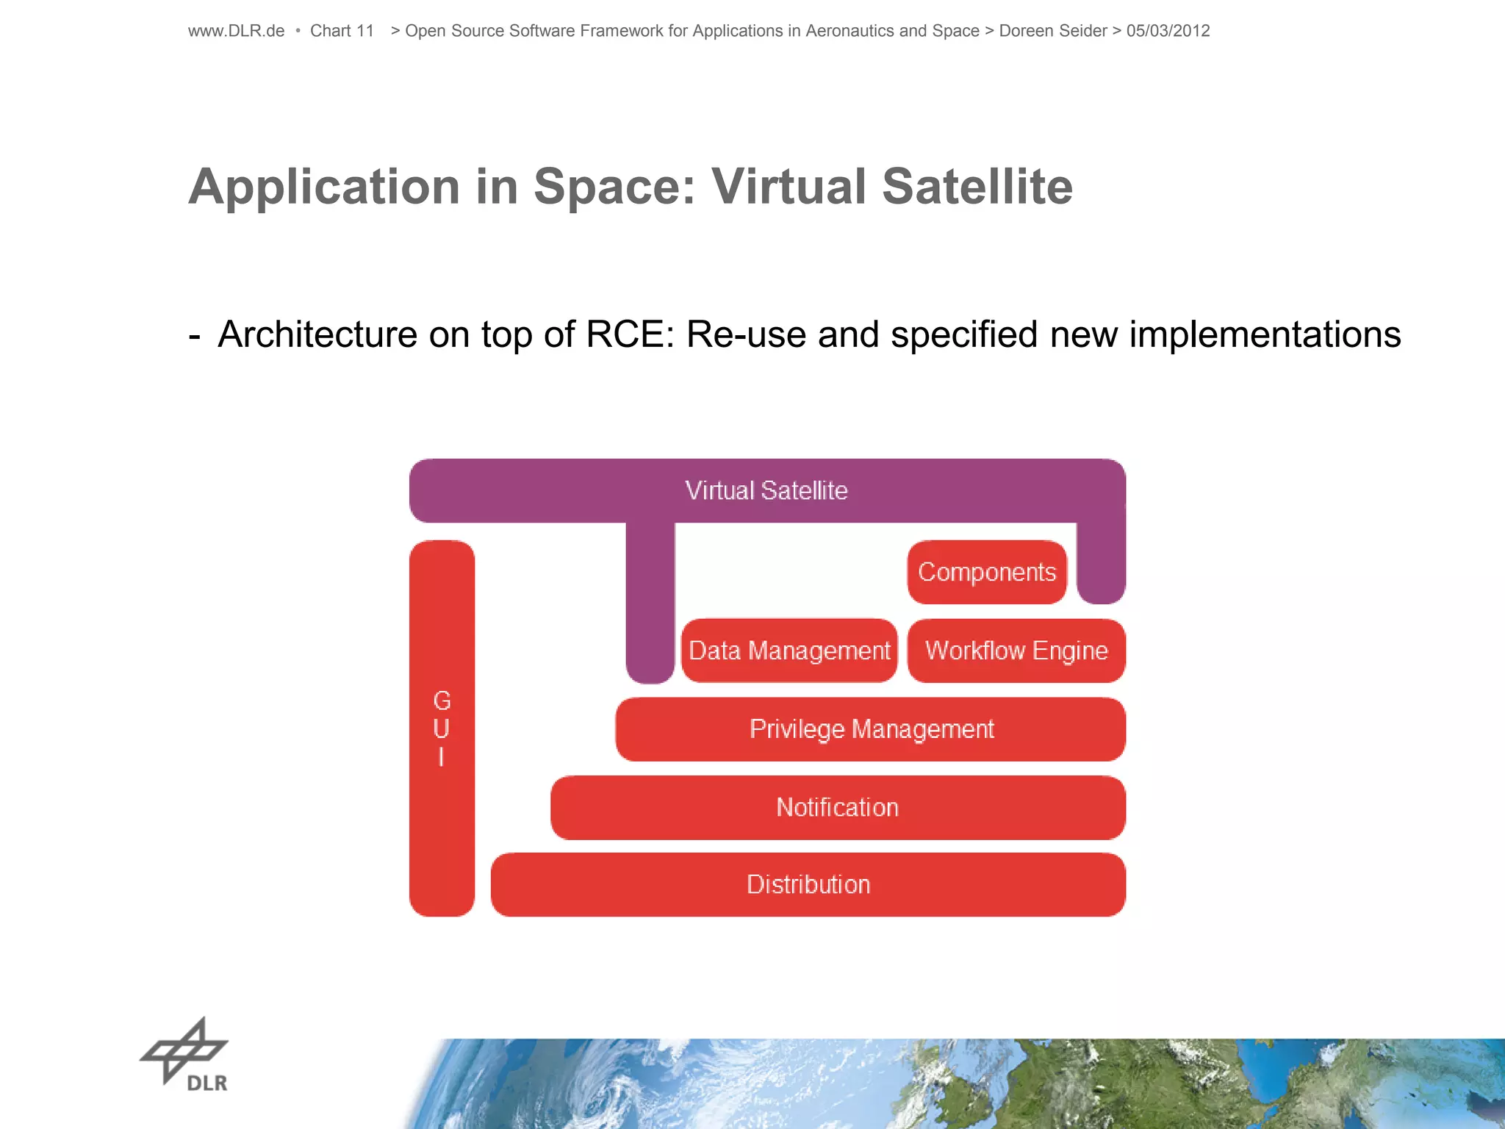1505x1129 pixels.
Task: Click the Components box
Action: [x=986, y=572]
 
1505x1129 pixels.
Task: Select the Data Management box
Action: [x=789, y=650]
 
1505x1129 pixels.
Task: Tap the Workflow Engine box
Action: [x=1016, y=650]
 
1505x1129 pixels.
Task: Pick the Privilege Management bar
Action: [x=871, y=729]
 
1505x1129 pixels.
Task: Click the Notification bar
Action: [x=838, y=807]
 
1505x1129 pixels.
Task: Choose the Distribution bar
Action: [x=808, y=884]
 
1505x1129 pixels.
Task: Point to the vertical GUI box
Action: [x=442, y=728]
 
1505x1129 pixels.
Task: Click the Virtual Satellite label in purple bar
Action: [x=766, y=490]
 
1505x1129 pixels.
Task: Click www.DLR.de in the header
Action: [x=236, y=31]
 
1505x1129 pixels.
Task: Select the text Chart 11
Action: [x=342, y=31]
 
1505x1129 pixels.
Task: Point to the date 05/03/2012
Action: [x=1168, y=31]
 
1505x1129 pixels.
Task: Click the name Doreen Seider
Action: [x=1052, y=31]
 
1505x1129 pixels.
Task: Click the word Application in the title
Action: [x=323, y=187]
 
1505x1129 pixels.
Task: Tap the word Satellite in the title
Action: [x=977, y=187]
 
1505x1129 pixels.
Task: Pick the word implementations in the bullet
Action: [x=1265, y=334]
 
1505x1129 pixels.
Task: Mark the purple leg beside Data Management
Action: [x=650, y=603]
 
